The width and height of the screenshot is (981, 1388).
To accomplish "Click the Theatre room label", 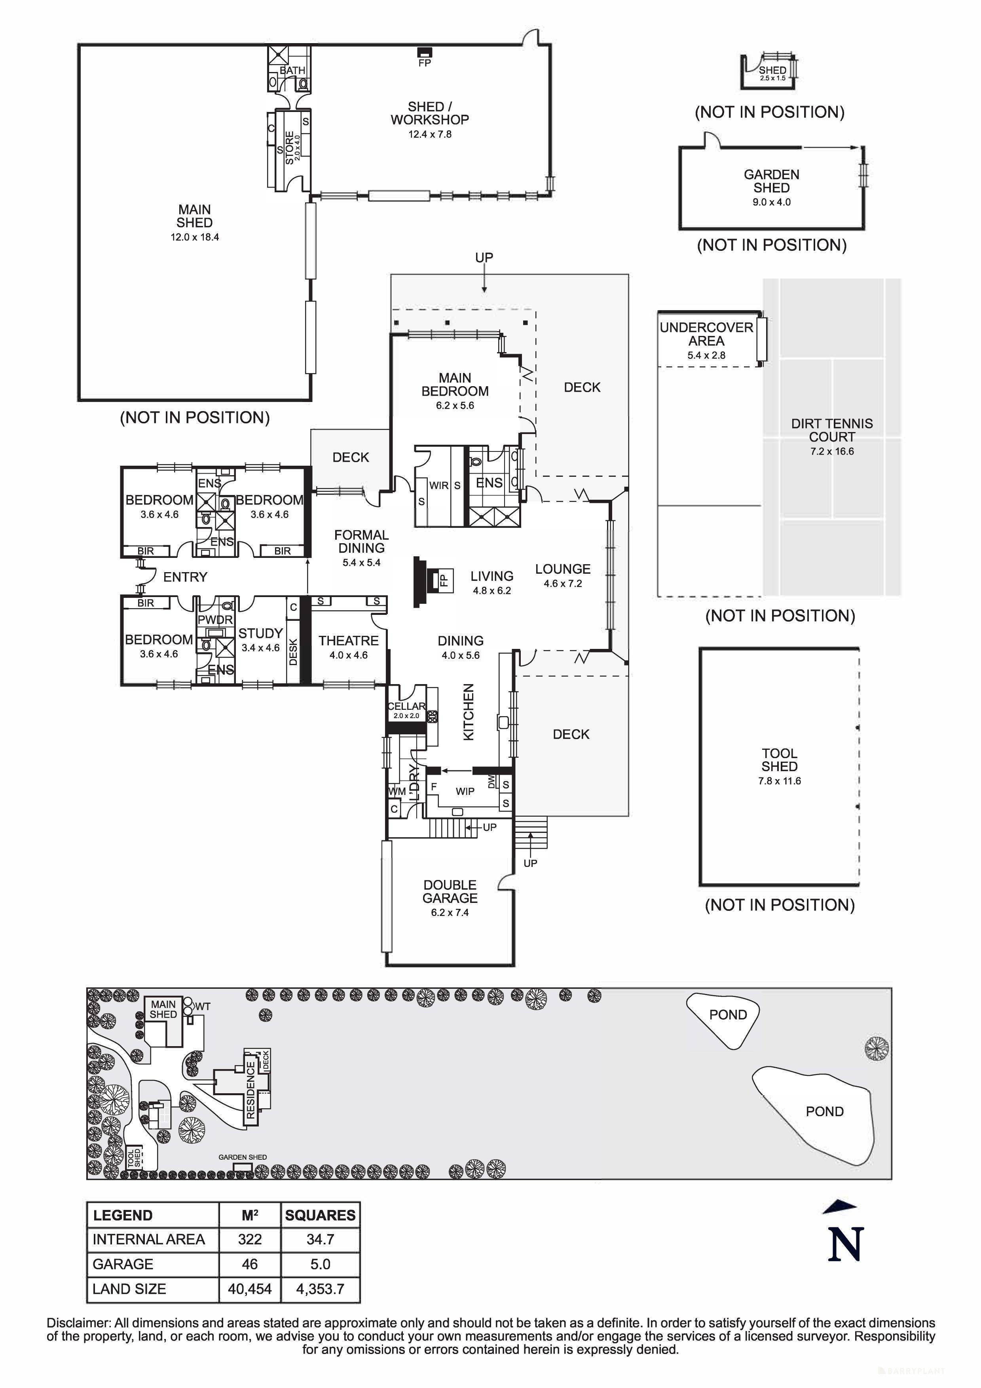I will (349, 641).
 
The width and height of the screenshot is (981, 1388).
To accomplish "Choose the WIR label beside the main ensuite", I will (439, 485).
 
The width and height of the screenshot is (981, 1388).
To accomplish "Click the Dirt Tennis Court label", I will (832, 430).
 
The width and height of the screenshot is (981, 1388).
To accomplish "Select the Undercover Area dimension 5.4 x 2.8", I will (706, 355).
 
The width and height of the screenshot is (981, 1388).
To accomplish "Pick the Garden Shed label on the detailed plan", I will (771, 181).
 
